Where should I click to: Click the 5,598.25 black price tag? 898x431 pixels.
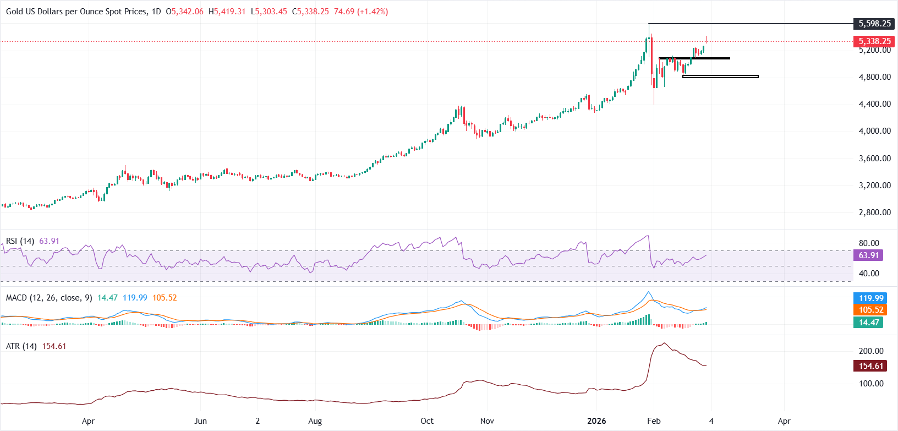click(x=874, y=24)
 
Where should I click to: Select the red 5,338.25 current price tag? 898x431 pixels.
click(x=874, y=41)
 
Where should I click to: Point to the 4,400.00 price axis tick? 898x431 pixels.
click(x=874, y=104)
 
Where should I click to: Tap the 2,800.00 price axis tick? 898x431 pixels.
click(x=874, y=212)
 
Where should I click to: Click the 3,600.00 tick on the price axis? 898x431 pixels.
click(x=874, y=159)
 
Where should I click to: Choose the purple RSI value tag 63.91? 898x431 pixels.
click(x=868, y=255)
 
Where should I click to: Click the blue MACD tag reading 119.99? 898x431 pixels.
click(x=870, y=298)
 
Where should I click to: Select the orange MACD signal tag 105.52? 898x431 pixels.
click(x=870, y=310)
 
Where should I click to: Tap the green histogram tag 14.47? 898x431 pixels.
click(x=869, y=323)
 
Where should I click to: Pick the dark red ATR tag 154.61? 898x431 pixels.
click(x=870, y=366)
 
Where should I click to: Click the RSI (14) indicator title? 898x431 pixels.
click(x=20, y=241)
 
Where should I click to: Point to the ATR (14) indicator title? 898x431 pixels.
click(x=21, y=346)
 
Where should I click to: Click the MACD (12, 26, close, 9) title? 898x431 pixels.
click(x=49, y=298)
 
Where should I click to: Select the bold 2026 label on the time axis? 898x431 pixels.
click(x=596, y=421)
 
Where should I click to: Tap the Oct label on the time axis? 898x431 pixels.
click(x=427, y=421)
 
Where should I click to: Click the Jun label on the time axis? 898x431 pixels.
click(x=200, y=421)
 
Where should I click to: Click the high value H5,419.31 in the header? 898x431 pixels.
click(x=227, y=12)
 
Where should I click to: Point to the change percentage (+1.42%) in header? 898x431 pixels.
click(x=373, y=12)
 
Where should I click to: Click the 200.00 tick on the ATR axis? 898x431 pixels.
click(x=871, y=351)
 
